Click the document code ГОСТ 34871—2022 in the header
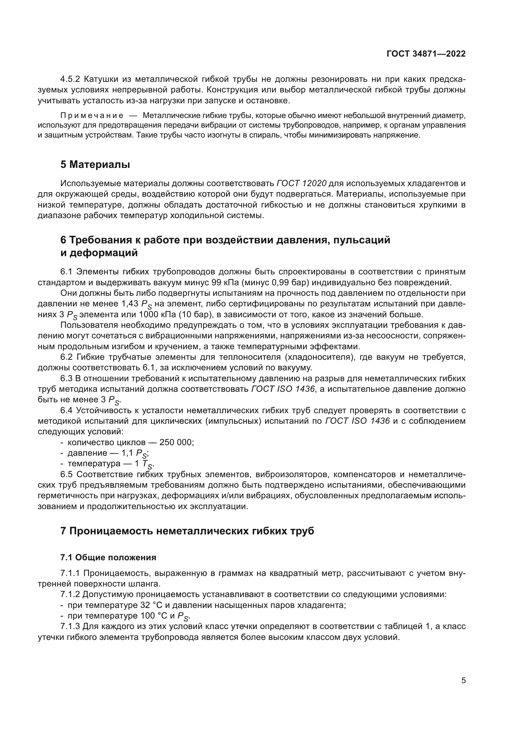pyautogui.click(x=426, y=54)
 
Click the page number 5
pyautogui.click(x=463, y=680)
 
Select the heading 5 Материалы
pyautogui.click(x=95, y=164)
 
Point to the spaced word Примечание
pyautogui.click(x=92, y=116)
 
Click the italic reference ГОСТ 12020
pyautogui.click(x=301, y=184)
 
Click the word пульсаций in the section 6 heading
pyautogui.click(x=362, y=240)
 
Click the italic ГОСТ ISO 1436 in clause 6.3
pyautogui.click(x=283, y=389)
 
